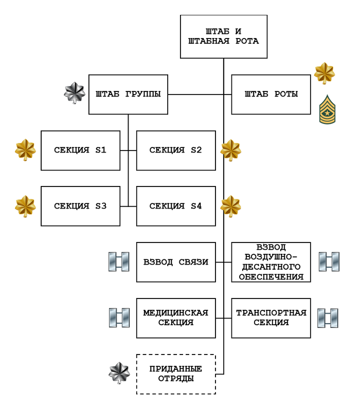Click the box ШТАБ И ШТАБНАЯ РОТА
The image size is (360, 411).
coord(223,36)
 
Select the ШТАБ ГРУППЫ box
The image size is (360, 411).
coord(128,95)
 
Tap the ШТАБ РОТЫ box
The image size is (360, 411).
coord(271,95)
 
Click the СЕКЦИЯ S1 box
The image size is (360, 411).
coord(80,151)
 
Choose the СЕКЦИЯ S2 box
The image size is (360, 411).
coord(176,151)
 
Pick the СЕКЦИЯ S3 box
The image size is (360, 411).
coord(80,207)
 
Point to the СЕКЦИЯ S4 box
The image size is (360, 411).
coord(176,207)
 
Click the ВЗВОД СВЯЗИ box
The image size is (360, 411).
coord(176,262)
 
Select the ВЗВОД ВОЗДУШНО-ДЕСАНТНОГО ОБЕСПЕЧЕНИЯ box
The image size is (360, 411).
coord(271,262)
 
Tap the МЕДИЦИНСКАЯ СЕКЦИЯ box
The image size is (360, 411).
coord(176,318)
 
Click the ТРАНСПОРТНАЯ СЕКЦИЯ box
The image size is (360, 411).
coord(271,318)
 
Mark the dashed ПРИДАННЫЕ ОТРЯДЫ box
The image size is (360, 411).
coord(176,374)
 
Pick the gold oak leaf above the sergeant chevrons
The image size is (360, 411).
coord(325,73)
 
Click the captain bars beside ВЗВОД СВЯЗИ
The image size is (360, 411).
coord(118,262)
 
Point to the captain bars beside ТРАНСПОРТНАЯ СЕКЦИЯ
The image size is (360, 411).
coord(328,318)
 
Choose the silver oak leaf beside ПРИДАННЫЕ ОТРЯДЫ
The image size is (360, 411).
coord(119,373)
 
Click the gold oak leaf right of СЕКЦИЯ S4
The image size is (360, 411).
coord(230,206)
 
